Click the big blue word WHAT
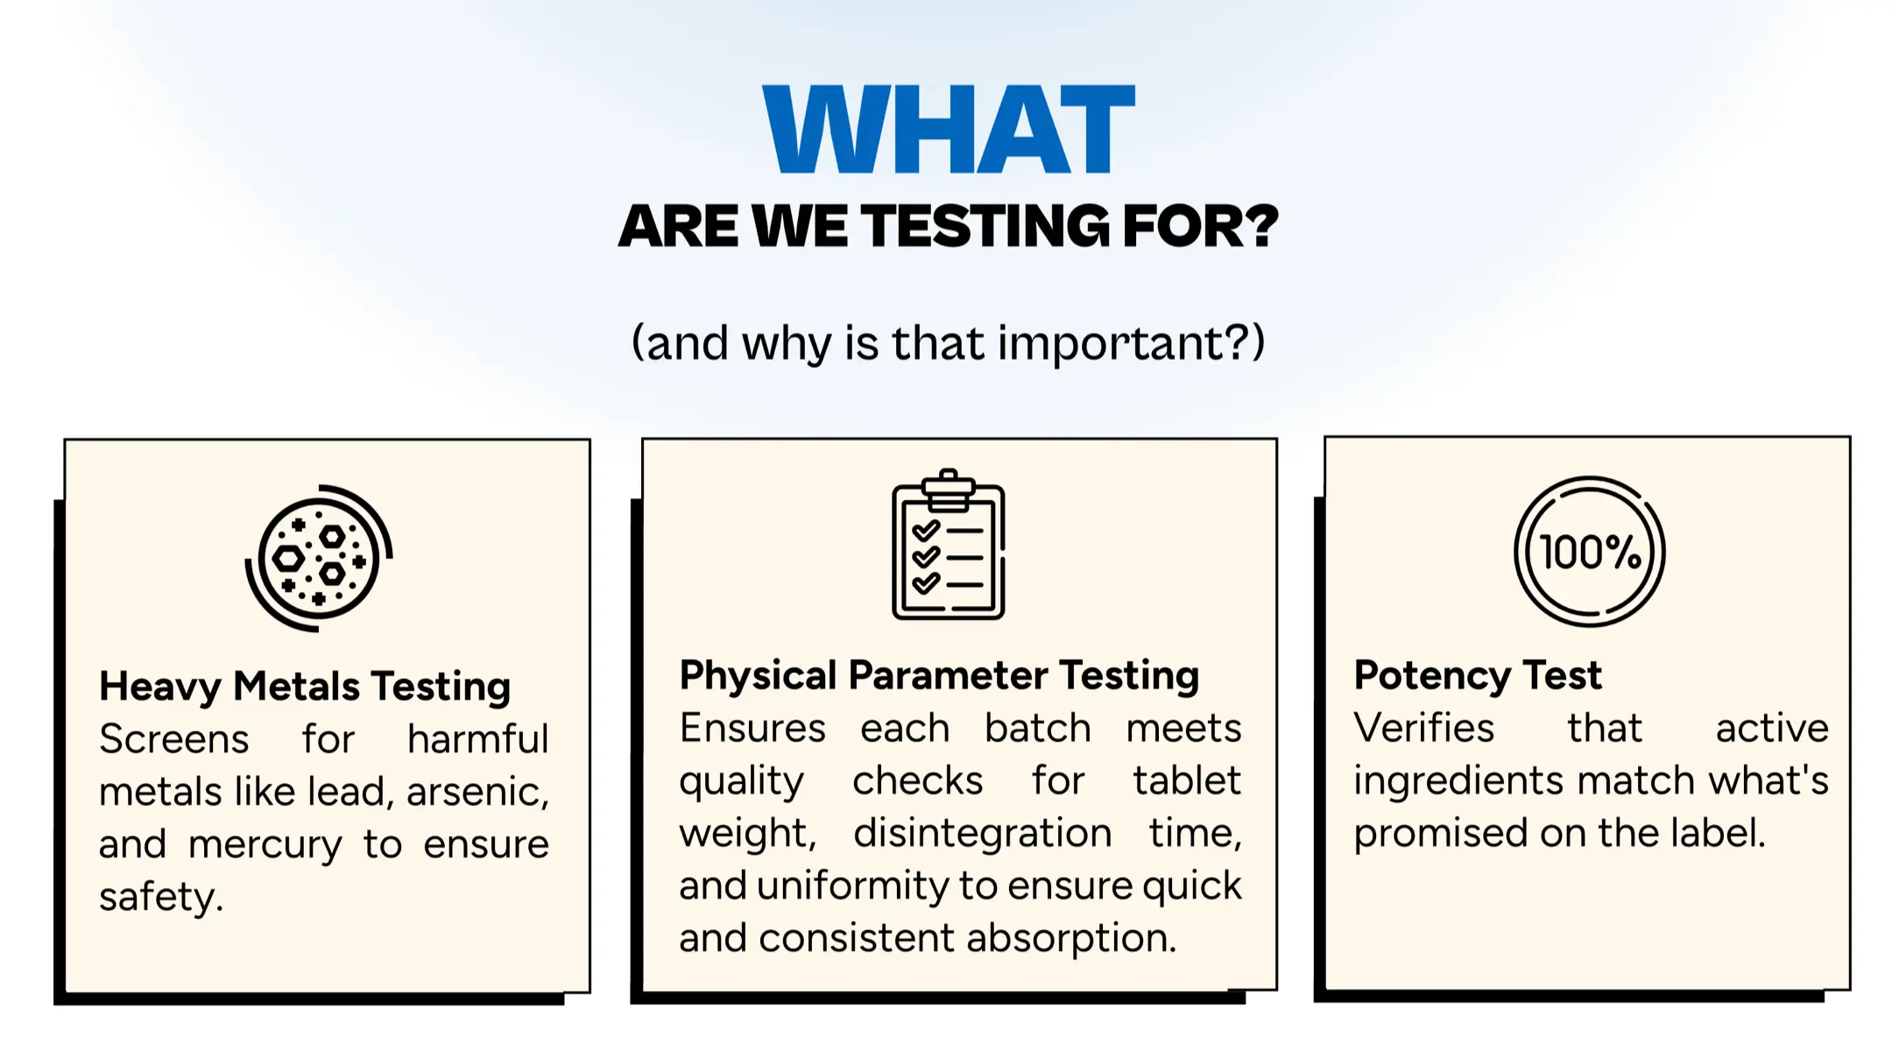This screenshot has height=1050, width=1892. pyautogui.click(x=949, y=130)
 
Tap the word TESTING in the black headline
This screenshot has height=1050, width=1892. pyautogui.click(x=985, y=226)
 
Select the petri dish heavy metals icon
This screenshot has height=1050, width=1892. pyautogui.click(x=319, y=558)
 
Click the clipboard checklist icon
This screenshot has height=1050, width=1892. pyautogui.click(x=949, y=545)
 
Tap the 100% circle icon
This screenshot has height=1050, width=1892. pyautogui.click(x=1590, y=552)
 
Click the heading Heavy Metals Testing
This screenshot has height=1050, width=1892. pyautogui.click(x=305, y=687)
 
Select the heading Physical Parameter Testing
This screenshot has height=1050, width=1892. pyautogui.click(x=939, y=676)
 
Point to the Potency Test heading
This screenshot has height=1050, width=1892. pyautogui.click(x=1478, y=676)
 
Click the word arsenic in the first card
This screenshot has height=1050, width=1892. pyautogui.click(x=477, y=792)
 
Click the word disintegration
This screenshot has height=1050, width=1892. pyautogui.click(x=983, y=833)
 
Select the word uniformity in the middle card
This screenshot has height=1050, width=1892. pyautogui.click(x=852, y=886)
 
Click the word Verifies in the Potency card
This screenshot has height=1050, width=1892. pyautogui.click(x=1424, y=728)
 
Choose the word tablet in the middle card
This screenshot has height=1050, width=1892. pyautogui.click(x=1187, y=780)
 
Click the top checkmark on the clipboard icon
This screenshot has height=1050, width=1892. pyautogui.click(x=926, y=530)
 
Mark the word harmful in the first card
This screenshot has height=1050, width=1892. pyautogui.click(x=478, y=739)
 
